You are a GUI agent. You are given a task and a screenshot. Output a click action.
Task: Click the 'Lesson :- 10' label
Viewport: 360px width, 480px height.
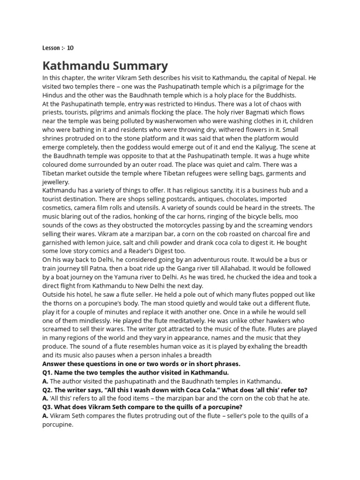(x=58, y=48)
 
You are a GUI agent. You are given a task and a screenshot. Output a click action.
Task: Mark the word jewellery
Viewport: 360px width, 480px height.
(x=56, y=182)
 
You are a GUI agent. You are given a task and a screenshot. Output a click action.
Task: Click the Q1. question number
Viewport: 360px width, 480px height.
(x=48, y=372)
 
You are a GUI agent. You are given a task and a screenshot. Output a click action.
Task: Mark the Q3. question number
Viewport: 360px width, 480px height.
(x=48, y=407)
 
